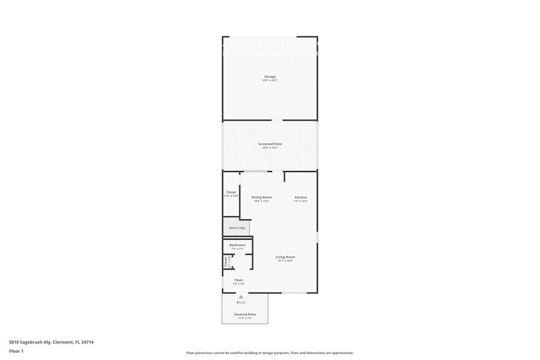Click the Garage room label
270,77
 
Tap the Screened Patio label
270,144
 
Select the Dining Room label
261,197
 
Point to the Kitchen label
301,197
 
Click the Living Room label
285,257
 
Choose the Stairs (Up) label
237,228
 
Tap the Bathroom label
238,245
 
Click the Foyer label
239,280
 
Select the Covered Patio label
245,314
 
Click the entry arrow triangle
241,296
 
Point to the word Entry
241,302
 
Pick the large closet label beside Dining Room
231,192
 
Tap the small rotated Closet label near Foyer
225,262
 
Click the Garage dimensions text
270,81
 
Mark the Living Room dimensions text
285,261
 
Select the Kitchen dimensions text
301,201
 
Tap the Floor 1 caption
16,351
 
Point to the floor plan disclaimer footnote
269,353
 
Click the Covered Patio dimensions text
245,318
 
